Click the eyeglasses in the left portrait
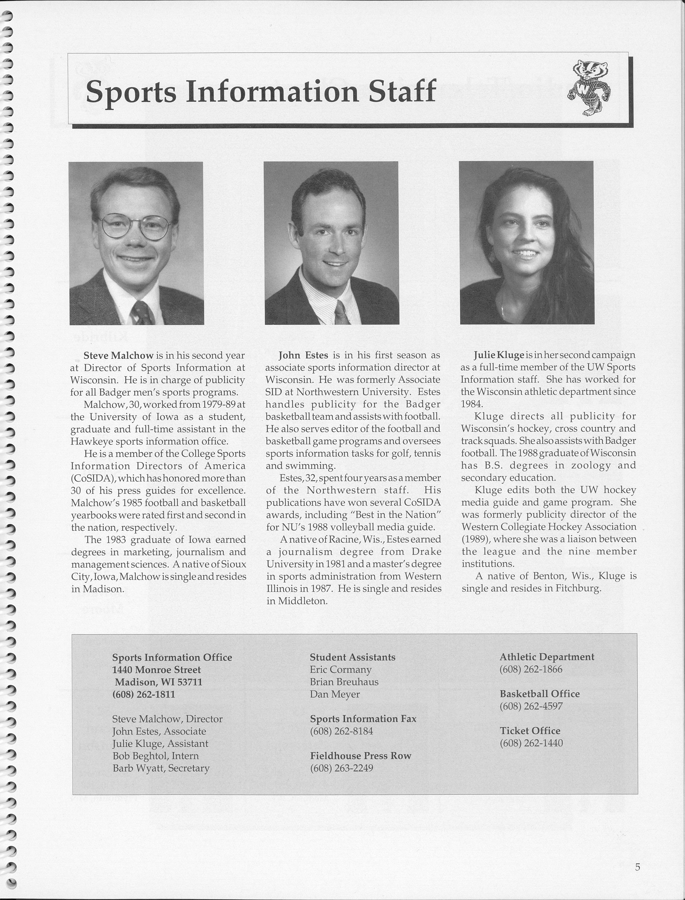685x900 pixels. pyautogui.click(x=136, y=227)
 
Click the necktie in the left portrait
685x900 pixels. pyautogui.click(x=142, y=313)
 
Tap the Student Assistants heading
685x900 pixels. pyautogui.click(x=352, y=657)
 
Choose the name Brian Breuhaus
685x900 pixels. pyautogui.click(x=344, y=682)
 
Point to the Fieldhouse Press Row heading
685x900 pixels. pyautogui.click(x=360, y=756)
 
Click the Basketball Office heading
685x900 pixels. pyautogui.click(x=539, y=694)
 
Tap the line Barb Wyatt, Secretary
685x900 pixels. pyautogui.click(x=161, y=768)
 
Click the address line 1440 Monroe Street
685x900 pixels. pyautogui.click(x=157, y=670)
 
